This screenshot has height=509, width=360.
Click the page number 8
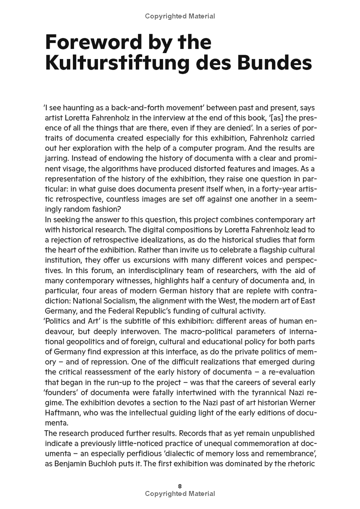coord(180,486)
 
